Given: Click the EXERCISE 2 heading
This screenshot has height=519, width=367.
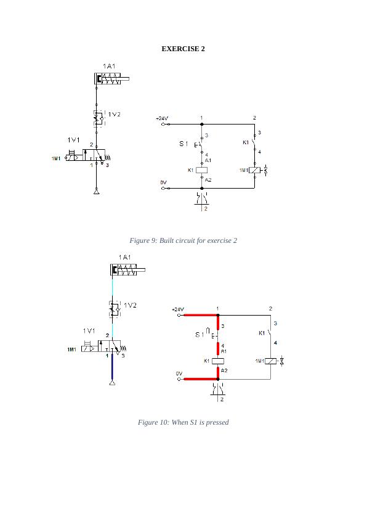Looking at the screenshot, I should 183,49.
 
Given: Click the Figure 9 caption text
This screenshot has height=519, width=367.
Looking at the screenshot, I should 183,240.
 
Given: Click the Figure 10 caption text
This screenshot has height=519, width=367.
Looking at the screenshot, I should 183,422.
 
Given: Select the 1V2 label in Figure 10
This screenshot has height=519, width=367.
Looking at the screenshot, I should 130,305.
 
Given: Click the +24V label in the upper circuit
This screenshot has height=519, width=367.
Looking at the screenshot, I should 161,118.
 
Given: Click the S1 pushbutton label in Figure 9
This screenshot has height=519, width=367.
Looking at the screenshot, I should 183,144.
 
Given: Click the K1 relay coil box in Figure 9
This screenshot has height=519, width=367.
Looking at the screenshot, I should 201,170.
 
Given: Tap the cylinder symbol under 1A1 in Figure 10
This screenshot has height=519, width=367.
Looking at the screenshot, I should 127,269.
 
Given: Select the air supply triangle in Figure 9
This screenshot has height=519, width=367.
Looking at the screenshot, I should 96,193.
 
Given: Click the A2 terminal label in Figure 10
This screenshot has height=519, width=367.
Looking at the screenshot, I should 224,370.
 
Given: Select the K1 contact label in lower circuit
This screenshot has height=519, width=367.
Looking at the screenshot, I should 262,333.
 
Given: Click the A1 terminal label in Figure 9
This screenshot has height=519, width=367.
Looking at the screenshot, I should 208,160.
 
